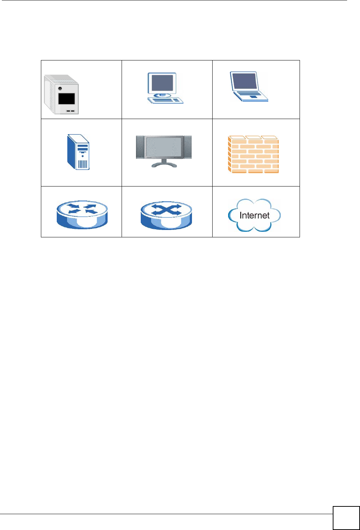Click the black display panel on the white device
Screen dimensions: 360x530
pos(67,98)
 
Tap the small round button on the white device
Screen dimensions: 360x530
pos(60,88)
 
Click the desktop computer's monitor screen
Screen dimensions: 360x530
pos(162,83)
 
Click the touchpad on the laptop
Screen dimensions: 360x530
pos(253,97)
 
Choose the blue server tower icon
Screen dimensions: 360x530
pos(78,152)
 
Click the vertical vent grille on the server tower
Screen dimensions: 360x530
pos(83,164)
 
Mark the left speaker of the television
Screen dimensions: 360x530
pos(140,147)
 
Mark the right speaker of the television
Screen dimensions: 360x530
pos(188,147)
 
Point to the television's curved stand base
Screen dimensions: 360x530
pos(164,165)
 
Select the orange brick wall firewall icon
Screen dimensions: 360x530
pos(254,154)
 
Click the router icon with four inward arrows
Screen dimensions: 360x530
pos(82,215)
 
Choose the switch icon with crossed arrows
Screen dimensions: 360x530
pos(166,215)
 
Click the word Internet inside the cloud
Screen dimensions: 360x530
pos(254,215)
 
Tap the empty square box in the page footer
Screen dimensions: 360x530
pos(346,517)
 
